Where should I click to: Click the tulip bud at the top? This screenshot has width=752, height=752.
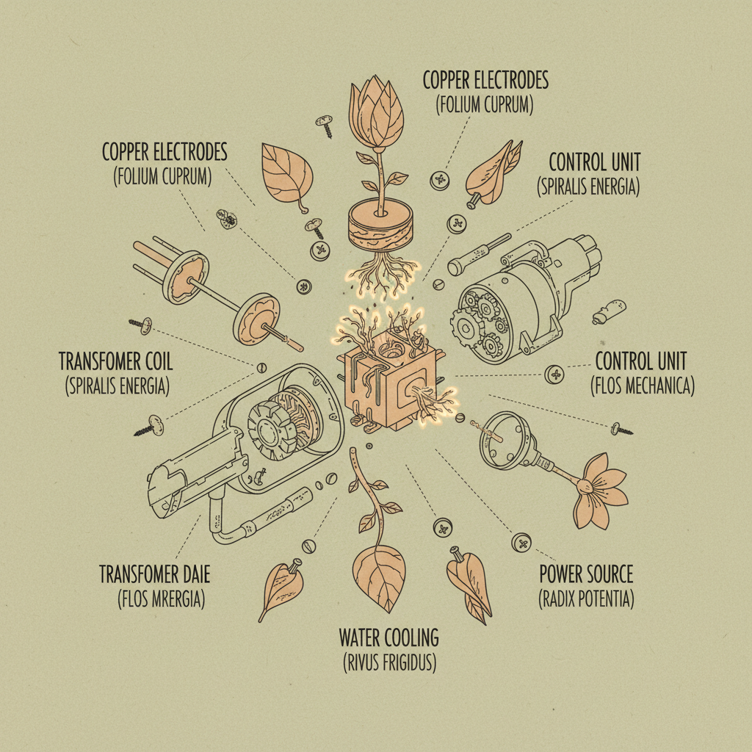pyautogui.click(x=377, y=113)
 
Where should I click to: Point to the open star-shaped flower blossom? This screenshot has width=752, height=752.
pyautogui.click(x=599, y=490)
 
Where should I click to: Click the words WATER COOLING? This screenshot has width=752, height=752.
pyautogui.click(x=389, y=638)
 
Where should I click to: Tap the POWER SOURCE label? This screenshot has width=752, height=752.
pyautogui.click(x=586, y=574)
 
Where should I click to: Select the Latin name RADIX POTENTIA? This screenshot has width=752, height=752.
pyautogui.click(x=586, y=599)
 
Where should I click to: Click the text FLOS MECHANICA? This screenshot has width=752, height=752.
pyautogui.click(x=643, y=385)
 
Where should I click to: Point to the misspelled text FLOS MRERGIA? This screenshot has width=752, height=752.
pyautogui.click(x=162, y=599)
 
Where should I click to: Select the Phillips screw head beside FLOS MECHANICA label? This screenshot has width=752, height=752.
pyautogui.click(x=554, y=374)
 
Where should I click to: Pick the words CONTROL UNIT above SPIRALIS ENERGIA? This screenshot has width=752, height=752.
pyautogui.click(x=595, y=162)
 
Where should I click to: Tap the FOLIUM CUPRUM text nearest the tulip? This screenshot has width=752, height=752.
pyautogui.click(x=485, y=105)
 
